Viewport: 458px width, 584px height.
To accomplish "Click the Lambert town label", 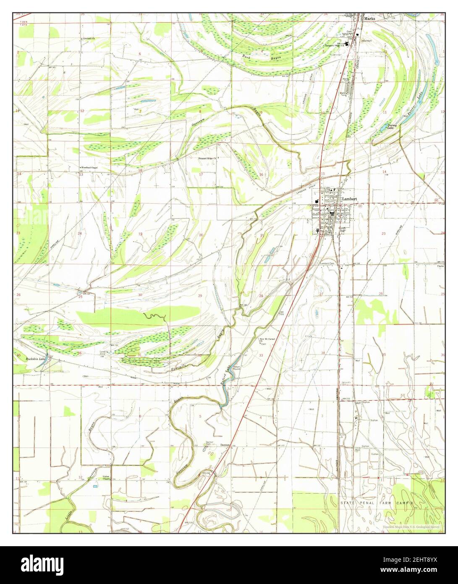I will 349,198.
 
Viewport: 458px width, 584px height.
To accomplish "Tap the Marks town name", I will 369,18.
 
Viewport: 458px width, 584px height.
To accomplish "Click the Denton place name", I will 226,445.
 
